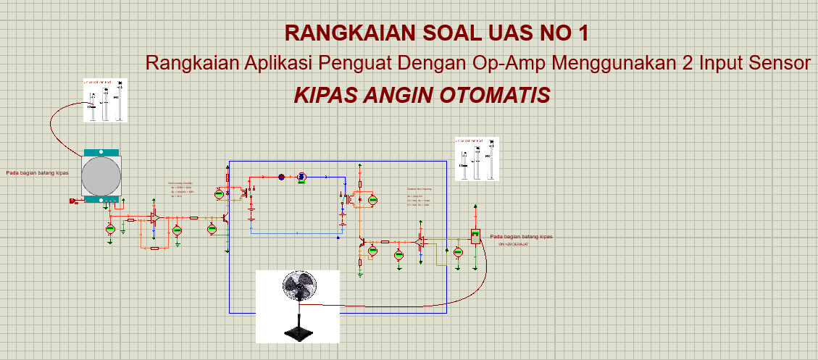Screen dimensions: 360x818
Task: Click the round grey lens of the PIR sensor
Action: click(x=101, y=175)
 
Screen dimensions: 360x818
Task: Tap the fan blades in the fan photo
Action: click(x=299, y=284)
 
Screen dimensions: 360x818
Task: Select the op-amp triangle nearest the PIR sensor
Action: click(x=155, y=217)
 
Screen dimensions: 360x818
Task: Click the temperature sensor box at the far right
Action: click(x=475, y=236)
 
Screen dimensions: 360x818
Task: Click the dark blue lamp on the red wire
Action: click(x=282, y=176)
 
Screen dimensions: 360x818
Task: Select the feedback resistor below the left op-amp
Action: click(x=154, y=248)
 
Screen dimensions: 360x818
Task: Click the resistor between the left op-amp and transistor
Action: click(x=193, y=217)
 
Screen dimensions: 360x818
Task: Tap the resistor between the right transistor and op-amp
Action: click(x=385, y=241)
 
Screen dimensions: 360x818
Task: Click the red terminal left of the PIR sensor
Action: click(x=72, y=201)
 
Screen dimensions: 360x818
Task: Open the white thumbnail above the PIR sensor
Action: click(x=105, y=99)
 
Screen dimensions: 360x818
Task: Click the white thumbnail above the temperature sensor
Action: click(x=477, y=158)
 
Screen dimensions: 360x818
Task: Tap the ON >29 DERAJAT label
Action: click(x=513, y=245)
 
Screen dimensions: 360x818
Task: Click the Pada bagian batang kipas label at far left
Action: click(x=38, y=173)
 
